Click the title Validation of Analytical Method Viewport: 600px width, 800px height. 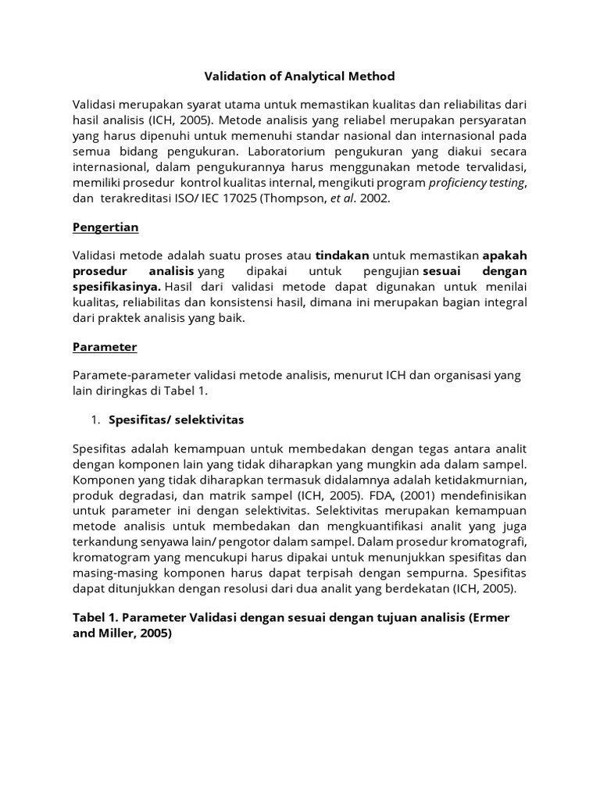click(x=299, y=76)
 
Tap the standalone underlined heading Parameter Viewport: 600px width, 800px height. click(x=105, y=346)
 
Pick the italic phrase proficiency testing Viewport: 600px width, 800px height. click(x=477, y=183)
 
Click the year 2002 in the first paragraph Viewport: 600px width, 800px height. click(x=374, y=198)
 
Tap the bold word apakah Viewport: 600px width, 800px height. click(x=505, y=255)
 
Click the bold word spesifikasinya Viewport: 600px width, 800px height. click(x=116, y=287)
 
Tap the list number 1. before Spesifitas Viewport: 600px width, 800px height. click(x=95, y=420)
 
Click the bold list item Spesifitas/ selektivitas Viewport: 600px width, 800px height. click(x=177, y=420)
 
